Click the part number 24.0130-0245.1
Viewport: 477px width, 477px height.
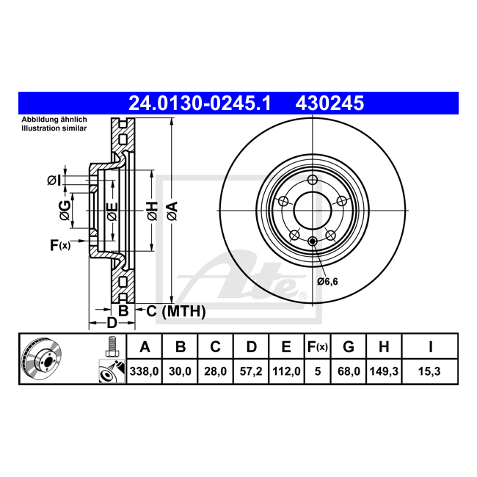tap(200, 103)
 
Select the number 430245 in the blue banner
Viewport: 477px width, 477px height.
tap(329, 103)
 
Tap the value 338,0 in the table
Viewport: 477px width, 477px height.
tap(144, 371)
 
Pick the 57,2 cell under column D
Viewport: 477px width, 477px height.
tap(251, 371)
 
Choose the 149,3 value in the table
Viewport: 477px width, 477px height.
tap(384, 371)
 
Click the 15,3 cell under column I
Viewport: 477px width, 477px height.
tap(429, 371)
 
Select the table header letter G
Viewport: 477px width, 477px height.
tap(349, 347)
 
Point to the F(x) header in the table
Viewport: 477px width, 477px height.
tap(318, 347)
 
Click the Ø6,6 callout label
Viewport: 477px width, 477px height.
tap(327, 281)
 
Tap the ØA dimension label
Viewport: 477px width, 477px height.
tap(172, 211)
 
